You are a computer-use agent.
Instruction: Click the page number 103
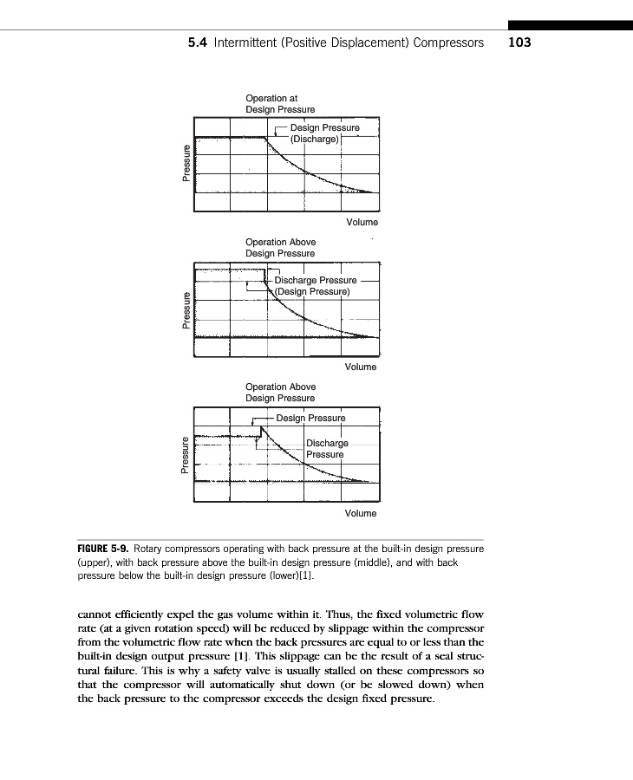click(519, 42)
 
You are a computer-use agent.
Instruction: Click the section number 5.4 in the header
click(198, 42)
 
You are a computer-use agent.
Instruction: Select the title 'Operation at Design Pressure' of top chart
click(280, 104)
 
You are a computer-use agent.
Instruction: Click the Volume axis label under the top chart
click(361, 223)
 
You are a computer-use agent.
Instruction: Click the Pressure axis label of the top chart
click(186, 164)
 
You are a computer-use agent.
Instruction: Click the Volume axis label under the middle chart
click(361, 367)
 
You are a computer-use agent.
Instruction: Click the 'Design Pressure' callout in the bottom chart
click(310, 418)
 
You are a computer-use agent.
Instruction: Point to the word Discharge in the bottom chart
click(327, 444)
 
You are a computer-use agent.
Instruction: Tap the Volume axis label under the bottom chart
click(361, 514)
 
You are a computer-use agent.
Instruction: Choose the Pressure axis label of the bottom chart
click(186, 455)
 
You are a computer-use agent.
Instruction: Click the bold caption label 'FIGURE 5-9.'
click(103, 549)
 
